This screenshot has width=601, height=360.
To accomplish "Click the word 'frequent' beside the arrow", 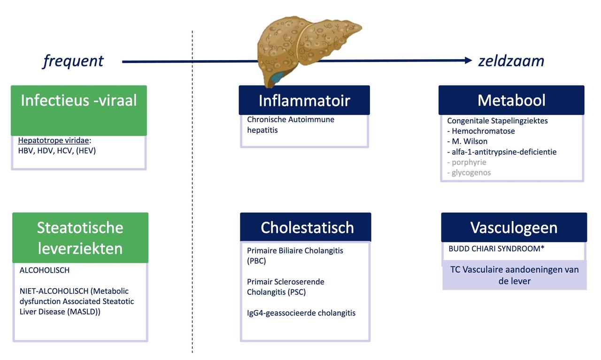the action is coord(73,61).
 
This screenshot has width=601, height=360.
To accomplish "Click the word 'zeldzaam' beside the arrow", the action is coord(511,61).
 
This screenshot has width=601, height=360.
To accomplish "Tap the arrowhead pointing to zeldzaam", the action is coord(469,61).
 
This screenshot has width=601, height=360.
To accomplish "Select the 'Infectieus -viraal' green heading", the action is coord(78,100).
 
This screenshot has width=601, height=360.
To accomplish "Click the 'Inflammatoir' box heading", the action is coord(304,100).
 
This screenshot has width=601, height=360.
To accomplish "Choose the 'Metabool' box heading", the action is coord(511,100).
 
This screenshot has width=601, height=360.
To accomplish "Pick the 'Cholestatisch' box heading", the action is coord(307,228).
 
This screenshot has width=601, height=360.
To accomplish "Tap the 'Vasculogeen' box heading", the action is coord(514,228).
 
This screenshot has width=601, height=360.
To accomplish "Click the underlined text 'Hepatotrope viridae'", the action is coord(54,140).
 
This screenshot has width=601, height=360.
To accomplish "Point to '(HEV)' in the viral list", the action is coord(86,151).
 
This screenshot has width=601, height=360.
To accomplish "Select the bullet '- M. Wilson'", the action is coord(467,141).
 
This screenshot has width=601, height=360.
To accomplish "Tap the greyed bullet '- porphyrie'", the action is coord(467,162).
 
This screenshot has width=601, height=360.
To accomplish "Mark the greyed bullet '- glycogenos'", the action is coord(469,172).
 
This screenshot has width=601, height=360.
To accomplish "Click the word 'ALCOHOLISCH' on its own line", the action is coord(45,270).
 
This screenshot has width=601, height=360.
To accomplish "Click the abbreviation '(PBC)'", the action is coord(256,261).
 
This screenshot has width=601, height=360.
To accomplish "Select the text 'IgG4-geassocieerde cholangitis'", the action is coord(301,313).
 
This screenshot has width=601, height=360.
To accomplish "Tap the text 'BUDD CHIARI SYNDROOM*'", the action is coord(496,249).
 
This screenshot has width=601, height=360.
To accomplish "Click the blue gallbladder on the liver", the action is coord(277,77).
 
